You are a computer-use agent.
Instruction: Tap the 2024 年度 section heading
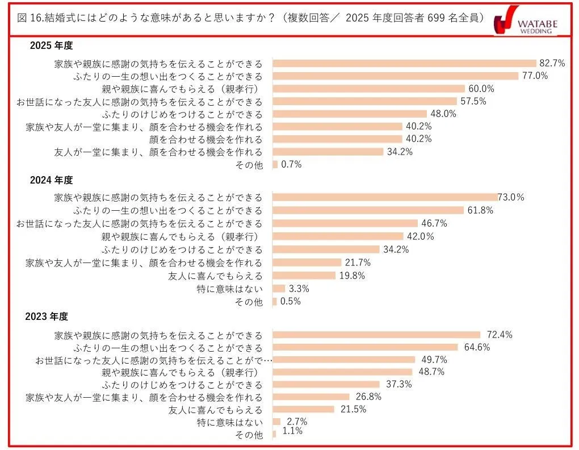click(x=52, y=180)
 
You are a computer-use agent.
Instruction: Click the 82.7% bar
click(x=404, y=63)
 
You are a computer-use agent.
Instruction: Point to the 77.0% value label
click(x=535, y=76)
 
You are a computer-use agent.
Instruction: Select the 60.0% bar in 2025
click(x=368, y=89)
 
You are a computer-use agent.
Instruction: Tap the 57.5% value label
click(x=473, y=101)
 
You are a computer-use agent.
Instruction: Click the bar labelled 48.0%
click(x=350, y=114)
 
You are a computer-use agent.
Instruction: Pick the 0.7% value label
click(x=291, y=165)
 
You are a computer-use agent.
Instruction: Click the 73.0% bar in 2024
click(x=385, y=197)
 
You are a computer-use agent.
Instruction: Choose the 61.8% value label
click(x=480, y=210)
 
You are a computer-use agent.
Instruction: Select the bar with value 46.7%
click(x=345, y=223)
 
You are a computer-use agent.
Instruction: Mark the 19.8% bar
click(x=304, y=276)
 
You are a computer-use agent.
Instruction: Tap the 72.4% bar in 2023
click(x=376, y=335)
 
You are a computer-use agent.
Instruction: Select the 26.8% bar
click(x=311, y=397)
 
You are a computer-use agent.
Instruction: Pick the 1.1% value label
click(x=293, y=431)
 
